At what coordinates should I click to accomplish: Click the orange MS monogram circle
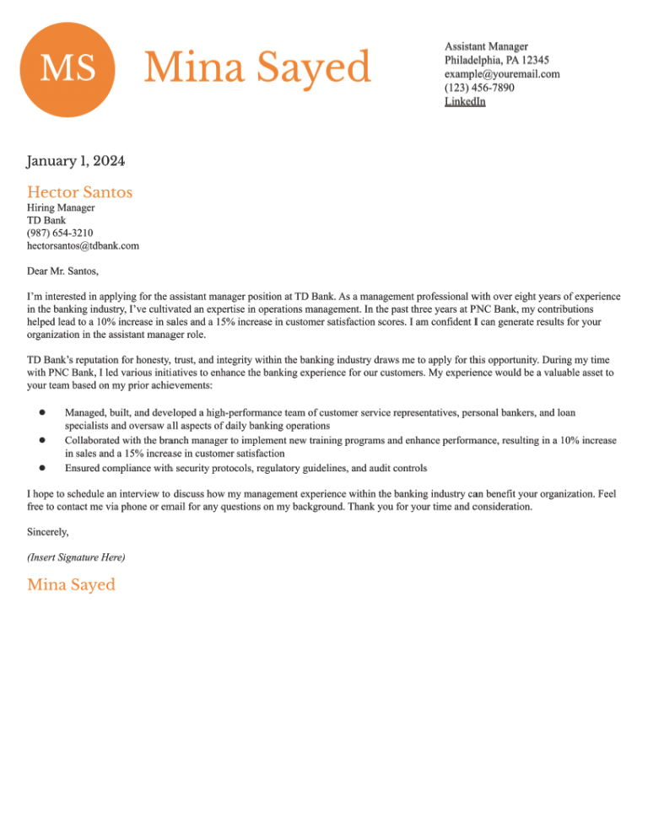point(67,68)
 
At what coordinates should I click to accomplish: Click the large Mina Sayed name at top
point(257,67)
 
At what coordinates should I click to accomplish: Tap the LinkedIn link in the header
point(465,102)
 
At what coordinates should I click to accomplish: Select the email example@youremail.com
point(502,74)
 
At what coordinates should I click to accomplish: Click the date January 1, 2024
point(75,160)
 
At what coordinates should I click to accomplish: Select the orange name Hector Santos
point(79,192)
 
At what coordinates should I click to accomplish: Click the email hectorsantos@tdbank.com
point(83,246)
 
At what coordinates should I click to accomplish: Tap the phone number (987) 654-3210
point(60,233)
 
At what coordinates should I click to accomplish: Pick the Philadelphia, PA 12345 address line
point(497,60)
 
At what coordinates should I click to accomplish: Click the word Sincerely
point(48,532)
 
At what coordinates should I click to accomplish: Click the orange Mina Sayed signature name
point(71,584)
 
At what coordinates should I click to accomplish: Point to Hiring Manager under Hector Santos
point(61,207)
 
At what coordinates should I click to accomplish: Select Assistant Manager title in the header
point(486,46)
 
